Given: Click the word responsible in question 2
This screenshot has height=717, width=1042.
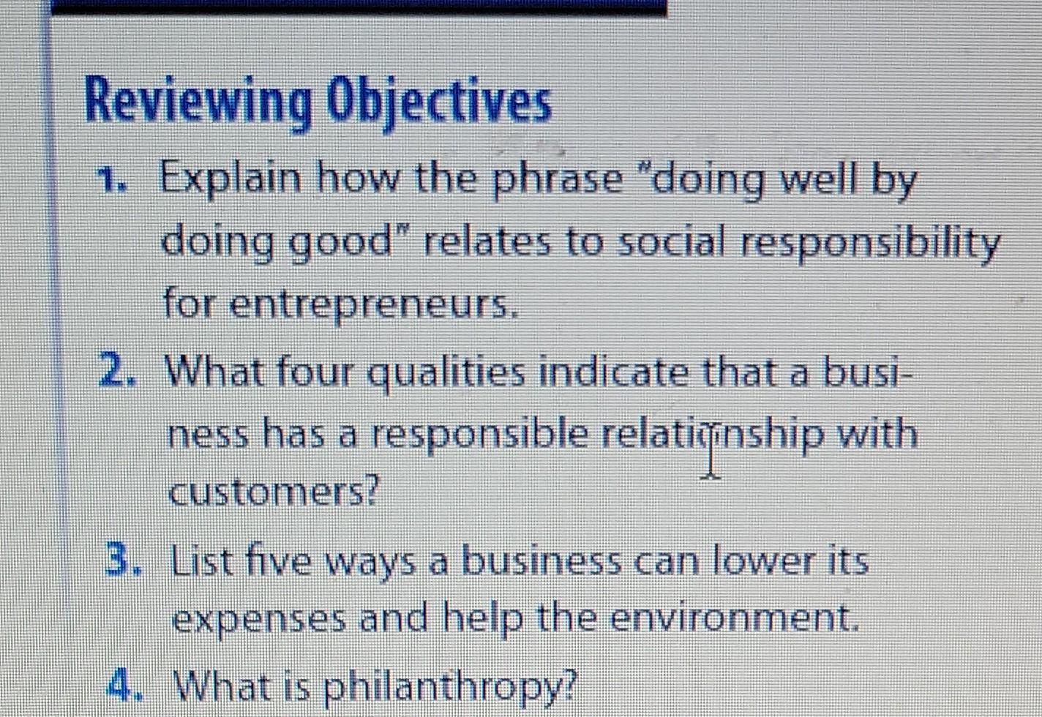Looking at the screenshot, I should click(x=480, y=436).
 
